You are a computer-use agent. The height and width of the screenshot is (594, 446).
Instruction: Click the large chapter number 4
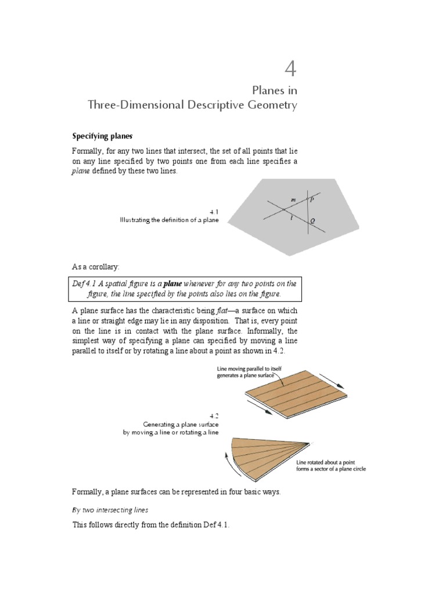click(290, 70)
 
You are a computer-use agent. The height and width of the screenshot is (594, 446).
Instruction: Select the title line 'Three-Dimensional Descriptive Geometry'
click(192, 106)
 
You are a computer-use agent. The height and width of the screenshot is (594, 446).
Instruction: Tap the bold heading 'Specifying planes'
click(103, 136)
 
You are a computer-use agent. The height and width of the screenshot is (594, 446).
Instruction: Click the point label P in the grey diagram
click(312, 199)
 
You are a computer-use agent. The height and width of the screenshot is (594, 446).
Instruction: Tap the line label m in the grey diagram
click(293, 200)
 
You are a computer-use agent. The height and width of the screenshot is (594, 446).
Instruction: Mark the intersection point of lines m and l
click(283, 209)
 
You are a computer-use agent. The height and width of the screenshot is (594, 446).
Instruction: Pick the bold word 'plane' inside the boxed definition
click(172, 284)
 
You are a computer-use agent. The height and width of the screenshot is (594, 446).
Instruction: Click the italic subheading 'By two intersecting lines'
click(110, 510)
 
